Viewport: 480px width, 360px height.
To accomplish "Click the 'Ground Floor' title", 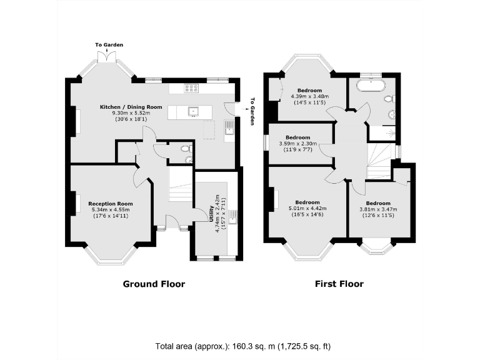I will coord(154,284).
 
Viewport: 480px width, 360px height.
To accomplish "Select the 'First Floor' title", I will coord(338,284).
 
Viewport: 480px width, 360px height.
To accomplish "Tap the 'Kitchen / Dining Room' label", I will coord(131,107).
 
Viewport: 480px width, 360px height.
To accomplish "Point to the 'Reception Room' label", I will coord(111,204).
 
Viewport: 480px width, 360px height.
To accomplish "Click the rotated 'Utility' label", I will coord(211,214).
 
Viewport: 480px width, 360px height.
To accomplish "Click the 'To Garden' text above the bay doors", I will coord(109,45).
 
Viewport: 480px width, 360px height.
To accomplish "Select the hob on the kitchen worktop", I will coord(192,88).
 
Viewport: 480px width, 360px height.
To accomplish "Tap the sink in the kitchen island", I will coord(194,112).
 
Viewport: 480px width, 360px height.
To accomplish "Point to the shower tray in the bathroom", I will coord(381,132).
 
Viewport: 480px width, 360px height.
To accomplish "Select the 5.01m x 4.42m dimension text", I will coord(307,209).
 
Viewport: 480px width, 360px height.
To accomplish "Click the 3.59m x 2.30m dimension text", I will coord(297,144).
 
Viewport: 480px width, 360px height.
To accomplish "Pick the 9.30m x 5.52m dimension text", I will coord(131,113).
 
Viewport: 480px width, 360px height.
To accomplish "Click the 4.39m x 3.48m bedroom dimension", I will coord(310,96).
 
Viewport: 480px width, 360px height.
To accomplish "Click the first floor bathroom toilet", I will coord(389,99).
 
